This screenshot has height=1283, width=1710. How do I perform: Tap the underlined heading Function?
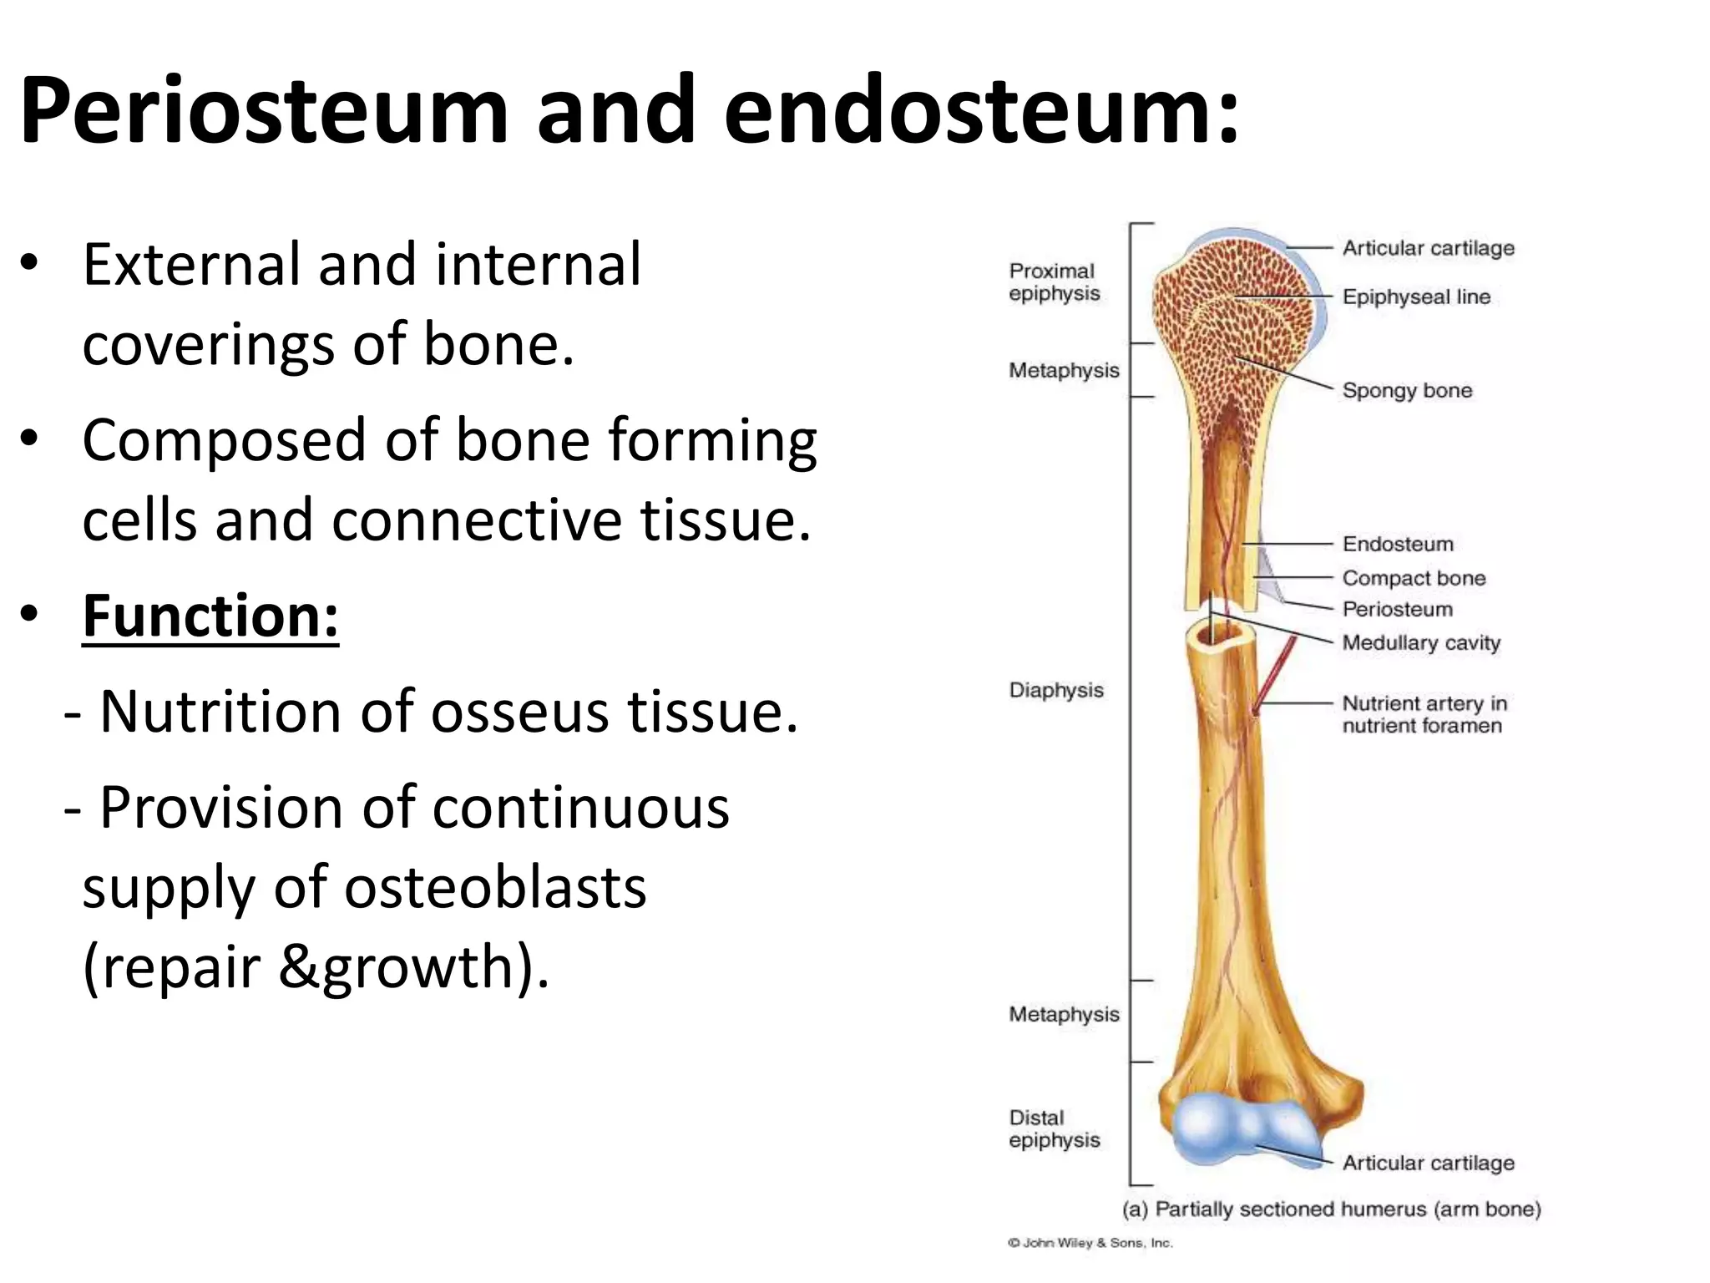pos(210,616)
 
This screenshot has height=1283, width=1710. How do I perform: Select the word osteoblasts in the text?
pos(495,887)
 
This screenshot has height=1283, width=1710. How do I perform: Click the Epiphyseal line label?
pos(1416,297)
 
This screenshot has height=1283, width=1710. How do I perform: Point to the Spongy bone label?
pos(1407,390)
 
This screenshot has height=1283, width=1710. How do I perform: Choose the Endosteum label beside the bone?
pos(1398,544)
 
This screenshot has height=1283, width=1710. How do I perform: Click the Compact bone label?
pos(1414,578)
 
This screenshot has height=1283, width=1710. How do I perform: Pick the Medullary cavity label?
pos(1421,642)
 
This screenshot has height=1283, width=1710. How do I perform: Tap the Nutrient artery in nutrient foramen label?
pos(1424,714)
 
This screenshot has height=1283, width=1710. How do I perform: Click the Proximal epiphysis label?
pos(1054,282)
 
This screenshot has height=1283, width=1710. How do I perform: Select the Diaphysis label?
pos(1056,690)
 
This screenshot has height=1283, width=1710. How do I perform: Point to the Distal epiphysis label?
pos(1054,1128)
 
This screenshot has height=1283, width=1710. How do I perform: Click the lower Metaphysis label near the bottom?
pos(1064,1014)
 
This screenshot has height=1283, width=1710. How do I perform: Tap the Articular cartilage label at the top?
pos(1428,248)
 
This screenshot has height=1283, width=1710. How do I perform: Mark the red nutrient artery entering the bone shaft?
pos(1276,672)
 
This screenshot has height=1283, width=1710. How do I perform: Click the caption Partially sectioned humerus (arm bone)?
pos(1331,1209)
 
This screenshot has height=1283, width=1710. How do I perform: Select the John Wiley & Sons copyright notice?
pos(1090,1243)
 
